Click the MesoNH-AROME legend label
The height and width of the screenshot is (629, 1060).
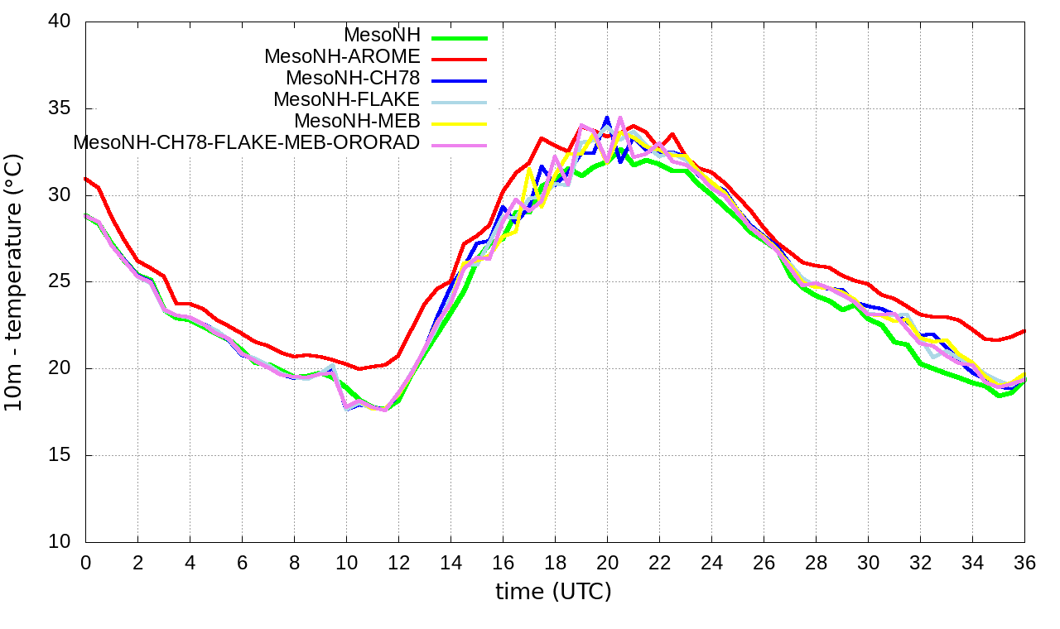pos(342,57)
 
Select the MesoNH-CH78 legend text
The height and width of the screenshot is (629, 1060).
pos(353,79)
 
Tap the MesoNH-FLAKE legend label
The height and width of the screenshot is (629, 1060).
pos(346,100)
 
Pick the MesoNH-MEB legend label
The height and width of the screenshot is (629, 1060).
pos(357,122)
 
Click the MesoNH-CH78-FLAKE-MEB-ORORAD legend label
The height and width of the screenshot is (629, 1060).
pos(247,142)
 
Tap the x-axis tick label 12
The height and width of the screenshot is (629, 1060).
pos(398,562)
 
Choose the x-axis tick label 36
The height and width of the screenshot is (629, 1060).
pos(1024,562)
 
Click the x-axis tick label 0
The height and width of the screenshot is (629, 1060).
pos(85,562)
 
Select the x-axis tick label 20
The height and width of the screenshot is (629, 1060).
pos(607,562)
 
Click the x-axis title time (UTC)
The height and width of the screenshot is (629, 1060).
pos(553,593)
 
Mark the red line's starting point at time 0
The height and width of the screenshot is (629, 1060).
pos(86,178)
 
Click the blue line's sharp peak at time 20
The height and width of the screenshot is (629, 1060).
pos(607,118)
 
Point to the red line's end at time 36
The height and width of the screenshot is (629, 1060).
pos(1024,331)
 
